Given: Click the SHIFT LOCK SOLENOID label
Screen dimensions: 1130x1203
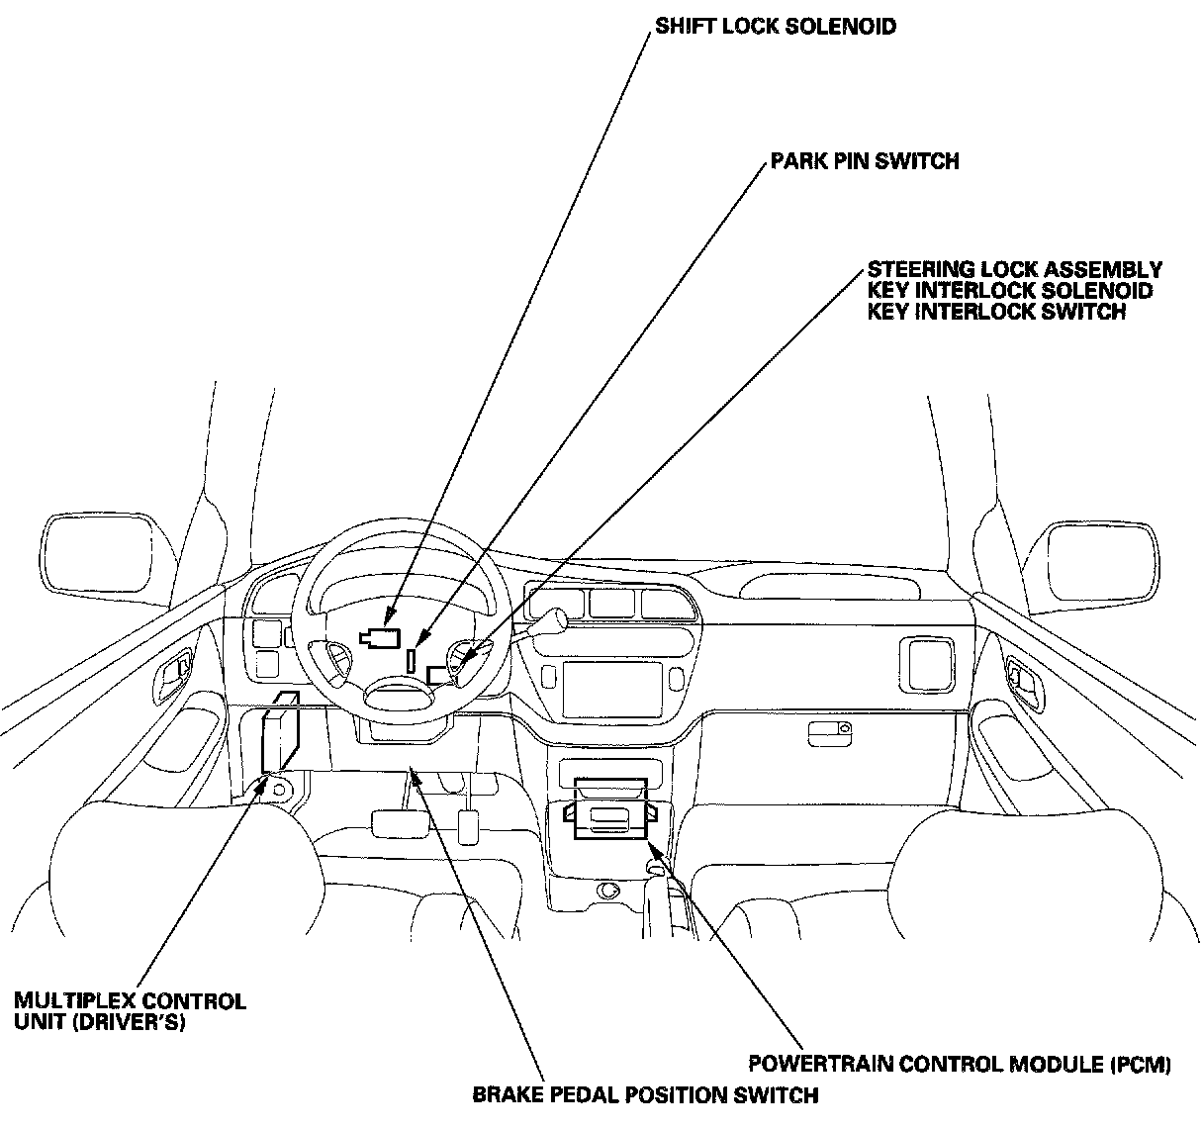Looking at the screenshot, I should tap(776, 27).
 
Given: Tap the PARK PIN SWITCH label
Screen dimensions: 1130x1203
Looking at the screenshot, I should tap(865, 160).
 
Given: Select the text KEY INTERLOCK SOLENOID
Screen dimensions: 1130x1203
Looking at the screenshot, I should tap(1009, 291).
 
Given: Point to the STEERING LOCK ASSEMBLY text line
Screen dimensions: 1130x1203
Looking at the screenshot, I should tap(1014, 269).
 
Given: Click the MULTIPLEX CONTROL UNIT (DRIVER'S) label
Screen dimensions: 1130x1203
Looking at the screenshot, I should tap(130, 1010).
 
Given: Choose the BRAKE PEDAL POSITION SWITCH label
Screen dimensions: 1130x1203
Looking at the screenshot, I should tap(645, 1094).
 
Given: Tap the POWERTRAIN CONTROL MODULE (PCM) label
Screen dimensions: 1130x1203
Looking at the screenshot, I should tap(959, 1065).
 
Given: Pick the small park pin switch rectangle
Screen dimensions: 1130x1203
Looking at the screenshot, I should tap(411, 660).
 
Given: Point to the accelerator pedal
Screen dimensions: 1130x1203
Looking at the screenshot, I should tap(468, 826).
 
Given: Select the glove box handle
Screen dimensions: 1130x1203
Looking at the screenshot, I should tap(829, 733).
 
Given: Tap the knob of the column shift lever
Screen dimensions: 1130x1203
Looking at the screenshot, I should tap(558, 619).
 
